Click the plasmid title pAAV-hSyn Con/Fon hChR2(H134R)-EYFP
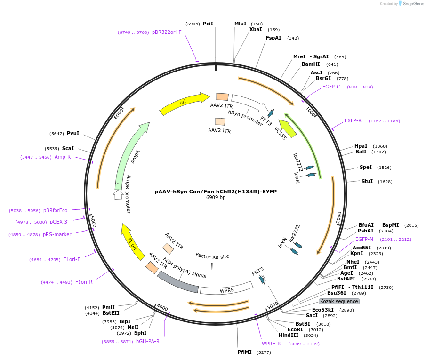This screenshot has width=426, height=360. (216, 192)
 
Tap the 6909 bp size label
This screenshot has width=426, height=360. (216, 198)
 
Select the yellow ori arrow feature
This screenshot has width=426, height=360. (184, 104)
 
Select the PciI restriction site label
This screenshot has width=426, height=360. (208, 24)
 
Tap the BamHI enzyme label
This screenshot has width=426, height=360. (311, 64)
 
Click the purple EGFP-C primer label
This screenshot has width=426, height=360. (331, 87)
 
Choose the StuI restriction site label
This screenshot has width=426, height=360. (367, 181)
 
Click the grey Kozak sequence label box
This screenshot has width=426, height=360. (339, 301)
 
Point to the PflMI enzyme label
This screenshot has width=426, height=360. (245, 352)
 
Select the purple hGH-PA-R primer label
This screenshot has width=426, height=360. (148, 341)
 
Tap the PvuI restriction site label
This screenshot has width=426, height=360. (73, 133)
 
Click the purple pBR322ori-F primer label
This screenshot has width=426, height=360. (167, 32)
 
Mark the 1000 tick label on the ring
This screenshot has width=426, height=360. (311, 112)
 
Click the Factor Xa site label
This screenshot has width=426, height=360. (212, 256)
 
